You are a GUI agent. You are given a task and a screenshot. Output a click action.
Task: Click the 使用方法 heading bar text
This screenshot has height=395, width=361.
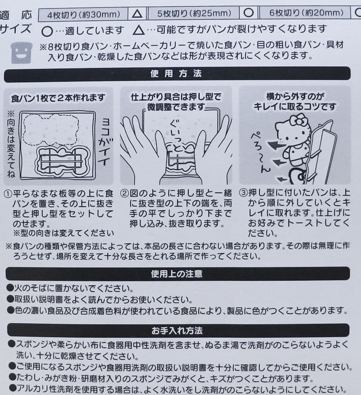tap(176, 74)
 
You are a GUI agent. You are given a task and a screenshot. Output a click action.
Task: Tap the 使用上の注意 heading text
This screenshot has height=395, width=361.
tap(177, 274)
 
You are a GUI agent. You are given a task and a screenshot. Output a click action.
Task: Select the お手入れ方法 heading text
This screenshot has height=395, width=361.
tap(177, 330)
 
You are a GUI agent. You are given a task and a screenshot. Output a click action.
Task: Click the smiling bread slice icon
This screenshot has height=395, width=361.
tap(22, 53)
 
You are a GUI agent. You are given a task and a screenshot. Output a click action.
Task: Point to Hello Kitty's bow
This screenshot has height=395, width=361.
tap(299, 120)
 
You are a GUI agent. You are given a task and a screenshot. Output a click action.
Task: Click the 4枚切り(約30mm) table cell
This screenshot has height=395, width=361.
tap(83, 14)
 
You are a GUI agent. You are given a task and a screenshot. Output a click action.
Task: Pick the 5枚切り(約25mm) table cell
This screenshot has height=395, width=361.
tap(194, 13)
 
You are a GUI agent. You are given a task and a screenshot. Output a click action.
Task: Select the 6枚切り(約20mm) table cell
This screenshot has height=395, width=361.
tap(306, 13)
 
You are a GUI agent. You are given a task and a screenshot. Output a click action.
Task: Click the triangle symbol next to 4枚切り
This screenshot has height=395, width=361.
tap(137, 14)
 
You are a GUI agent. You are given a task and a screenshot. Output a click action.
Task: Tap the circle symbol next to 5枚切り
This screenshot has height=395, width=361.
tap(249, 13)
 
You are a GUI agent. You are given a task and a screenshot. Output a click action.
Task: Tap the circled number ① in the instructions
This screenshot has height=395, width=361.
tap(8, 194)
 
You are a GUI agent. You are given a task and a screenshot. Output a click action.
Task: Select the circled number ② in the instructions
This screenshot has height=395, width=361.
tap(124, 193)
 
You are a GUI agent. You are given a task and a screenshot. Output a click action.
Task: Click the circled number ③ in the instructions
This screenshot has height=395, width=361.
tap(243, 193)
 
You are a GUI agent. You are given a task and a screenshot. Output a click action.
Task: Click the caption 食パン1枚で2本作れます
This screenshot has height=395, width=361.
tap(58, 98)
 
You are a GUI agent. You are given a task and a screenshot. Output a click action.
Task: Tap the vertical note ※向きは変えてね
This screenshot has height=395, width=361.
tap(11, 145)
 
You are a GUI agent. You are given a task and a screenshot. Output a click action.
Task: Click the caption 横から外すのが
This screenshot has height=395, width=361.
tap(295, 96)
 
